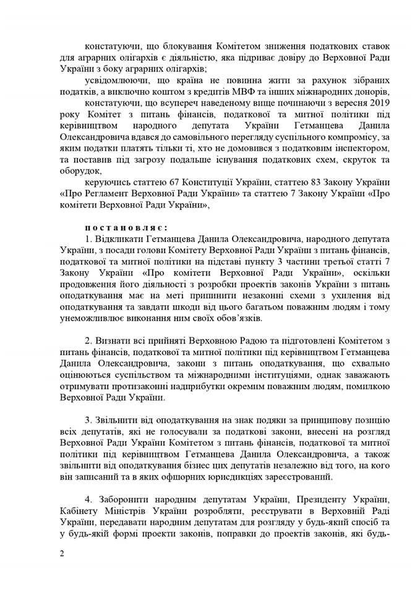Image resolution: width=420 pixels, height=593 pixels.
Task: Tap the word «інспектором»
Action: [x=347, y=148]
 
